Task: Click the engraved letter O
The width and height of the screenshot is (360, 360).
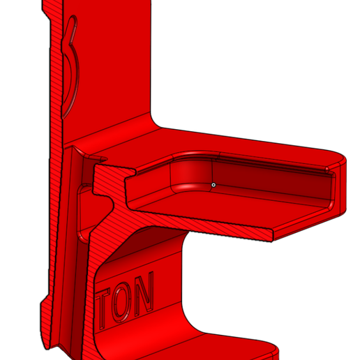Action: click(126, 303)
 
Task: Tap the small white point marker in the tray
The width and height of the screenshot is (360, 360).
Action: click(213, 185)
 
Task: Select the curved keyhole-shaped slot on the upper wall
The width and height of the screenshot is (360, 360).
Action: click(73, 73)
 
